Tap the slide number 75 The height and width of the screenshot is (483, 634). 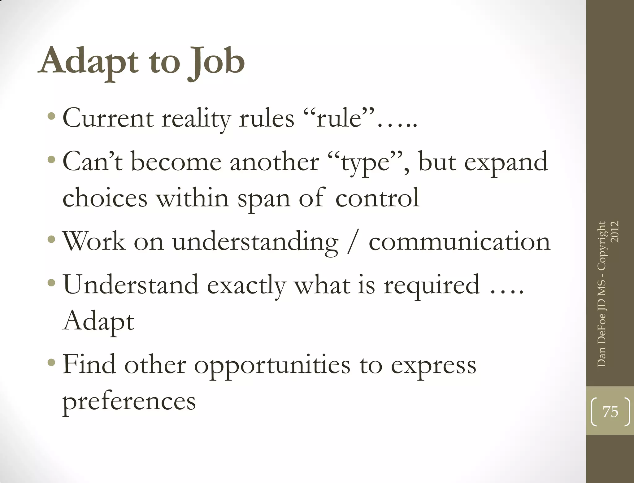coord(610,412)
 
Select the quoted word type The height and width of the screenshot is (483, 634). coord(365,163)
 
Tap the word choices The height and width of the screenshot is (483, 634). coord(105,198)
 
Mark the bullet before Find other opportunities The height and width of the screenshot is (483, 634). coord(52,362)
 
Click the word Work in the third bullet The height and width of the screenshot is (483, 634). coord(94,241)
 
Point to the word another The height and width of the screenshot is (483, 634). coord(274,162)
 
